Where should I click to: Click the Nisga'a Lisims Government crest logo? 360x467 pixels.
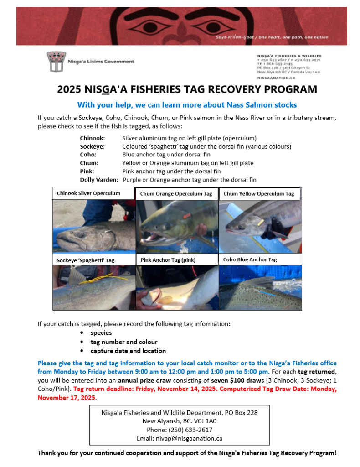[x=55, y=62]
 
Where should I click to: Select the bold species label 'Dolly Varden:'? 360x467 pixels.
[x=99, y=180]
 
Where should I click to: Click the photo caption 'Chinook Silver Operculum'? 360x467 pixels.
[x=88, y=193]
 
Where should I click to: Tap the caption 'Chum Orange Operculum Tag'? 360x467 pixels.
[x=176, y=194]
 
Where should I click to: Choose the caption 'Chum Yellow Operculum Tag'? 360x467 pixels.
[x=258, y=194]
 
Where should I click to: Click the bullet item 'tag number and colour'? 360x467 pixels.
[x=123, y=342]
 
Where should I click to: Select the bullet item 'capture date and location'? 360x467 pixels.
[x=128, y=351]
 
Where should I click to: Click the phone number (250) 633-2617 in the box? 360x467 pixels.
[x=179, y=430]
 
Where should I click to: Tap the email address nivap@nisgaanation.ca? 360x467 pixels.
[x=179, y=438]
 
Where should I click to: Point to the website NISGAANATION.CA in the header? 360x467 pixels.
[x=273, y=78]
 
